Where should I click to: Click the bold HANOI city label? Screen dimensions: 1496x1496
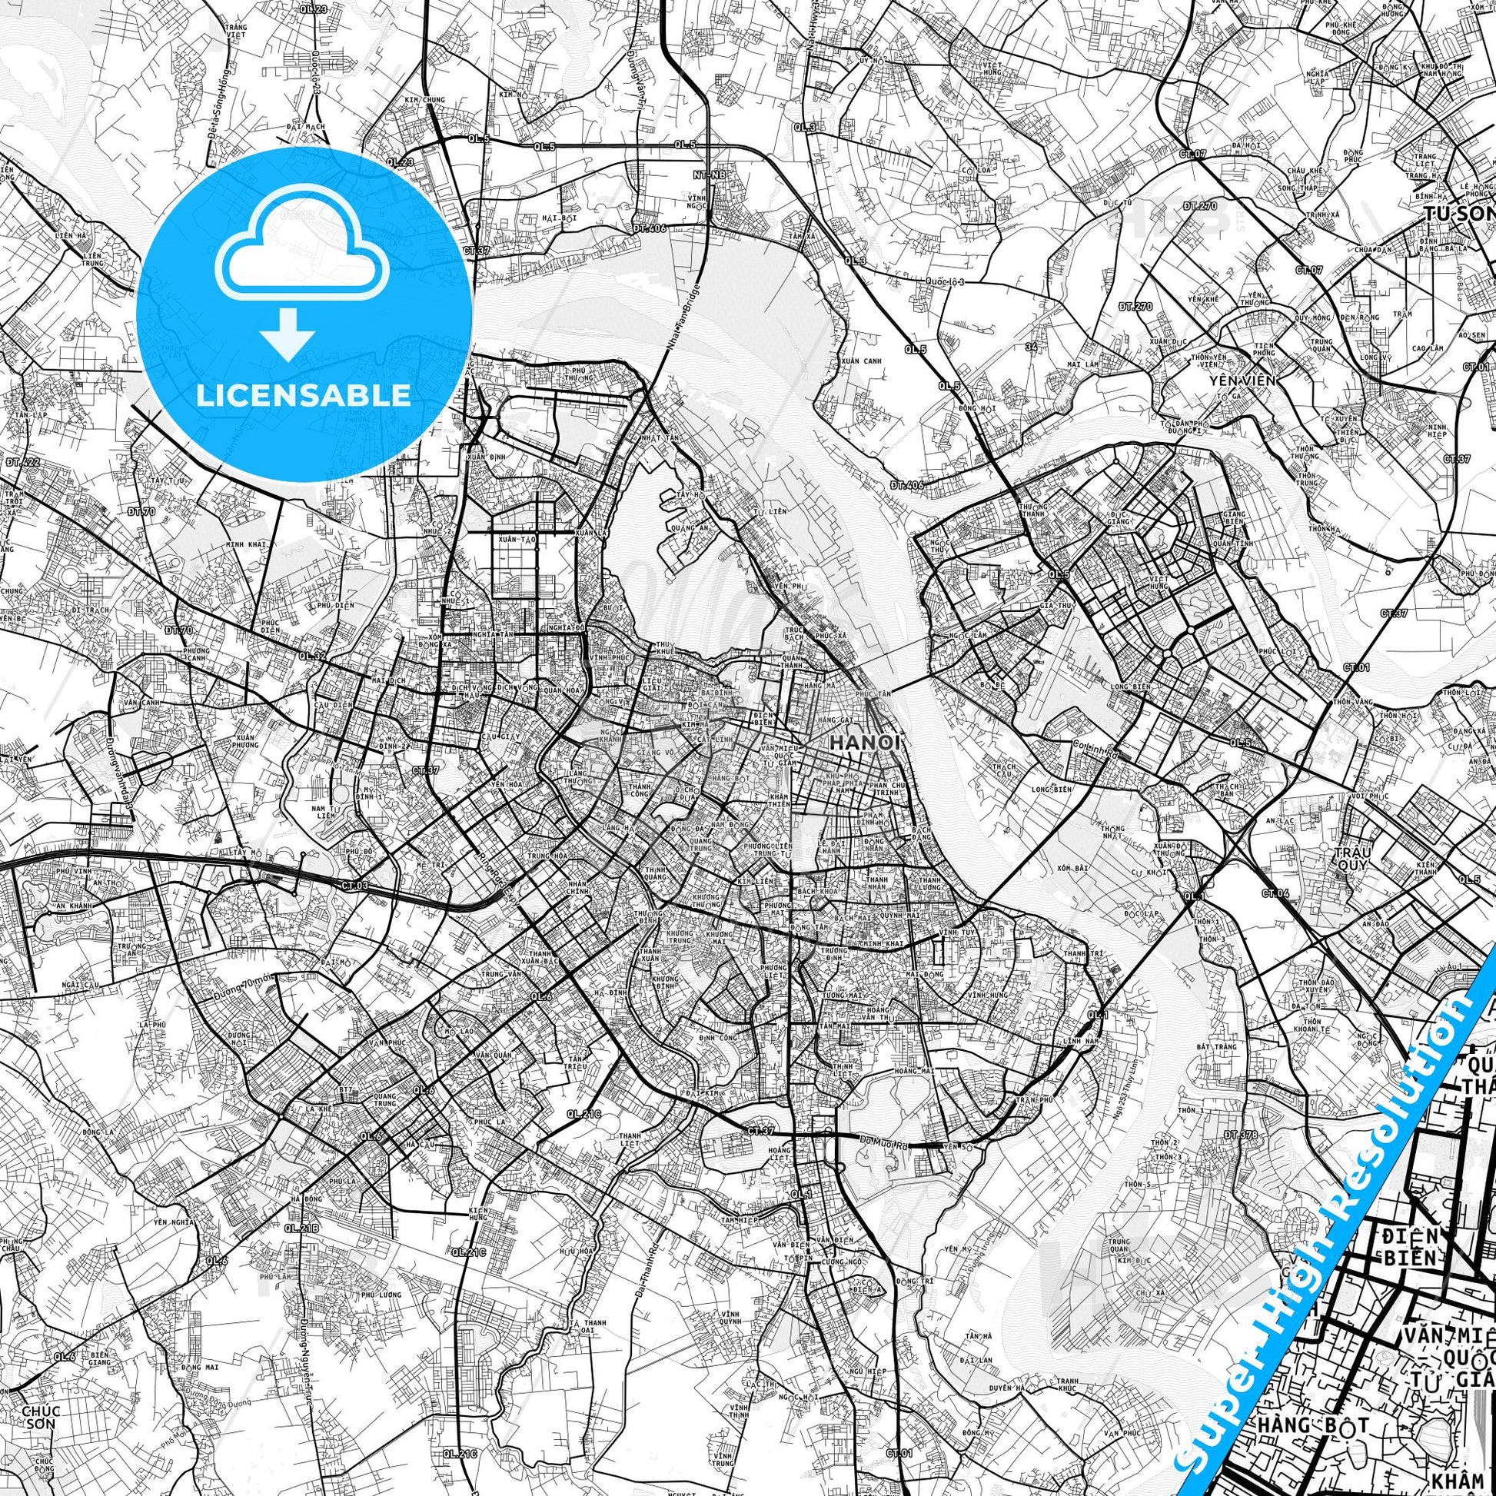[865, 742]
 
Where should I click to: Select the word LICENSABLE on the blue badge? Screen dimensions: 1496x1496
[304, 395]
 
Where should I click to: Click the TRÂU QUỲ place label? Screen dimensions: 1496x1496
[1352, 858]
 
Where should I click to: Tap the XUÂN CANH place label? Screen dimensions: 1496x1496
[857, 361]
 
